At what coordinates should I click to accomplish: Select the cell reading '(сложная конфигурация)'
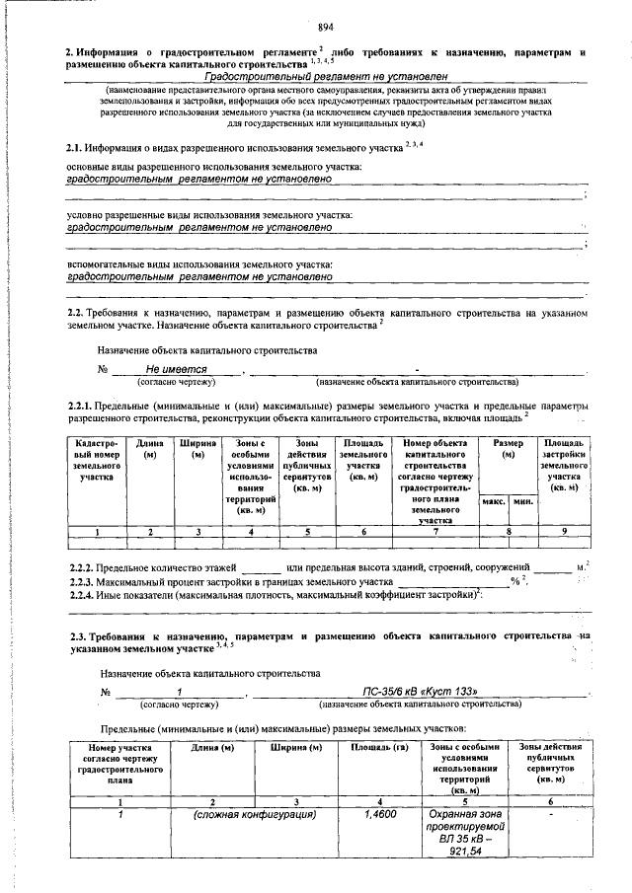click(x=256, y=816)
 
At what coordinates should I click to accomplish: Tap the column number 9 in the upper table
click(x=564, y=533)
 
